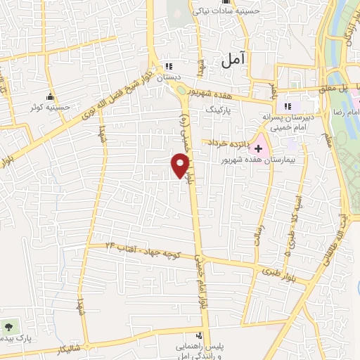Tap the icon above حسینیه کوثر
50,96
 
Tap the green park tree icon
9,327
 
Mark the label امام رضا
347,112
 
